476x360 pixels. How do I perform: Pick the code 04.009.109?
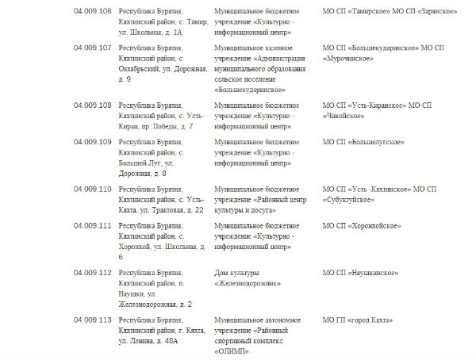92,141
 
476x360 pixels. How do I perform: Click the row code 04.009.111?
92,225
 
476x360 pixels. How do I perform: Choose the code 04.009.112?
92,273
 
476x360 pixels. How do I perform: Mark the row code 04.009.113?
92,320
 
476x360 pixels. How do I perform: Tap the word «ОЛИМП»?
231,351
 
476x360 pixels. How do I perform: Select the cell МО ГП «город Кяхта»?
358,320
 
